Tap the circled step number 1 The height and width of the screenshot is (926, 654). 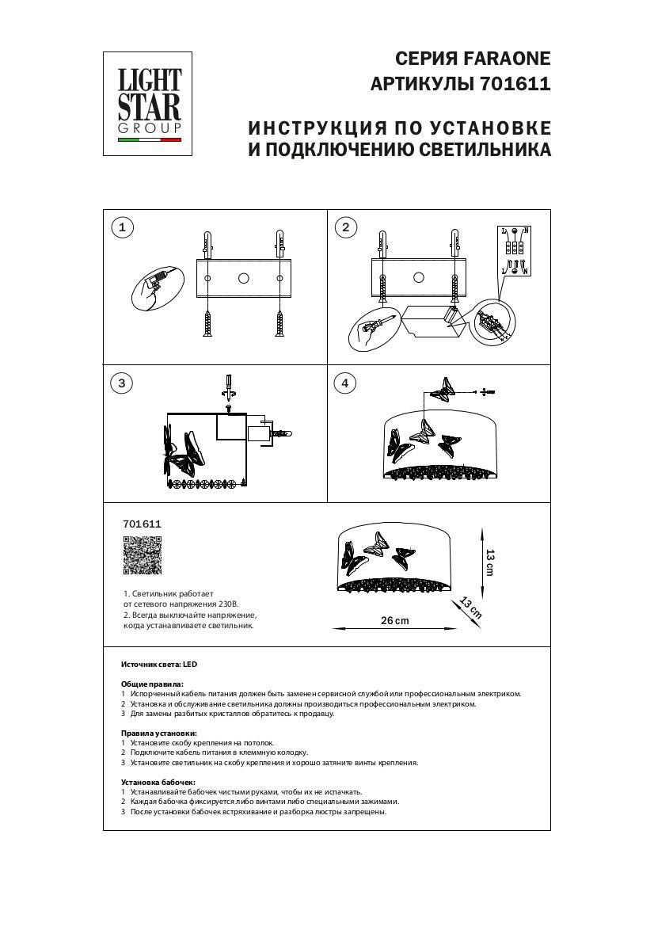pyautogui.click(x=122, y=228)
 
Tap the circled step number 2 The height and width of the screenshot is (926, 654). pyautogui.click(x=345, y=228)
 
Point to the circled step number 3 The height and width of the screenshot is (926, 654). pyautogui.click(x=122, y=383)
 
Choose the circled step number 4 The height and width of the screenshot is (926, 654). pyautogui.click(x=345, y=383)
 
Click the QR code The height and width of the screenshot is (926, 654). pyautogui.click(x=143, y=554)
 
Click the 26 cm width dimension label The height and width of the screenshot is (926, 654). pyautogui.click(x=395, y=620)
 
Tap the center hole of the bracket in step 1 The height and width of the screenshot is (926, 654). pyautogui.click(x=243, y=278)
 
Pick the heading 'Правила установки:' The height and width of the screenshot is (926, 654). pyautogui.click(x=158, y=734)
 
